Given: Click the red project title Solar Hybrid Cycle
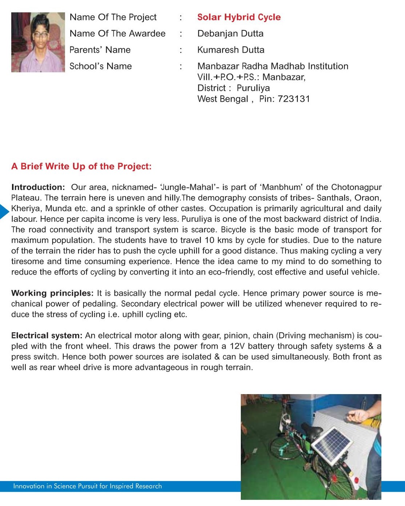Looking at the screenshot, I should click(x=239, y=17).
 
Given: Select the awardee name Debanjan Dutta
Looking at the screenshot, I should click(x=230, y=33).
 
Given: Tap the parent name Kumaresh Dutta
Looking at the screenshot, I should click(x=231, y=50).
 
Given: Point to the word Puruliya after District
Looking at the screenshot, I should click(x=253, y=88).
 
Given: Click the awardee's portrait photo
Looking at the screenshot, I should click(x=38, y=42).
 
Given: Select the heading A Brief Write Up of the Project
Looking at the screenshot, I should click(x=81, y=166).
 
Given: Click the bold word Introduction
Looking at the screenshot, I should click(x=38, y=187).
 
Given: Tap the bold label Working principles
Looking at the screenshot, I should click(x=52, y=293).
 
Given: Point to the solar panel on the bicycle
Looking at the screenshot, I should click(x=332, y=443).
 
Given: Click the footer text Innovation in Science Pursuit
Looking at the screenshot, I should click(x=87, y=486).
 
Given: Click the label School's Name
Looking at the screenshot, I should click(x=101, y=66).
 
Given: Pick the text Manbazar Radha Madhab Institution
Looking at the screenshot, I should click(x=272, y=66).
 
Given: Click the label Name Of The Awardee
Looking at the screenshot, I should click(x=117, y=33).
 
